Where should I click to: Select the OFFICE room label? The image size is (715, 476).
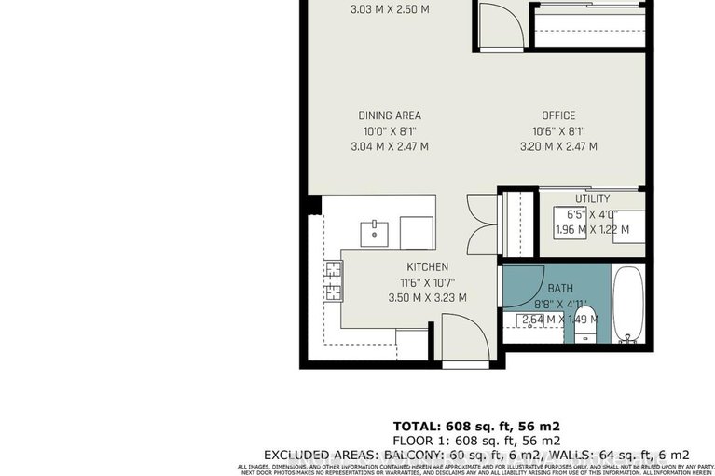[558, 116]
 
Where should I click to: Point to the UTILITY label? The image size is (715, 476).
[592, 198]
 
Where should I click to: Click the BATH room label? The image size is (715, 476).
[560, 288]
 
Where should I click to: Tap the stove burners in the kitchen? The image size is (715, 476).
[333, 279]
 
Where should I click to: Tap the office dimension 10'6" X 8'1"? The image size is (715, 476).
[558, 131]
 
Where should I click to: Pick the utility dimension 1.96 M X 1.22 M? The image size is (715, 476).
[591, 229]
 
